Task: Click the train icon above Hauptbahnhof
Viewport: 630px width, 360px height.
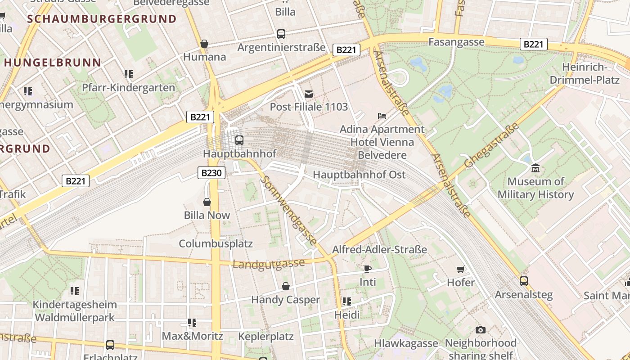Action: pyautogui.click(x=239, y=140)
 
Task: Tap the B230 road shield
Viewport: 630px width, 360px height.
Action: pyautogui.click(x=211, y=173)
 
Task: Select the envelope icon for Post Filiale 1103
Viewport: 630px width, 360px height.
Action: pyautogui.click(x=309, y=94)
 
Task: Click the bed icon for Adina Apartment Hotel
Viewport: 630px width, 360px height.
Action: pyautogui.click(x=382, y=116)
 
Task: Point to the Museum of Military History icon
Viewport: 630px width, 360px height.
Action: pyautogui.click(x=535, y=168)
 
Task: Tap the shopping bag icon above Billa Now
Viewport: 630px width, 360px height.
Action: pyautogui.click(x=207, y=202)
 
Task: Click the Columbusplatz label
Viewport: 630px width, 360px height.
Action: pyautogui.click(x=216, y=244)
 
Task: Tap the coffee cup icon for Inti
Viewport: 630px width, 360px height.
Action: pyautogui.click(x=368, y=269)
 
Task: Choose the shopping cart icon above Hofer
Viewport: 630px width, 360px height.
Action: pyautogui.click(x=461, y=269)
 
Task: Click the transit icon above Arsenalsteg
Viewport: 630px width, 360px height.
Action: pyautogui.click(x=523, y=281)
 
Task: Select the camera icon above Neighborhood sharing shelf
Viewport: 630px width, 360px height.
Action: pyautogui.click(x=481, y=330)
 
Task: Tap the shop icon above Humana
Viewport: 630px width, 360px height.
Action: pyautogui.click(x=204, y=44)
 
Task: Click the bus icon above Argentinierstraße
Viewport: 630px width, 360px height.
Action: pyautogui.click(x=281, y=34)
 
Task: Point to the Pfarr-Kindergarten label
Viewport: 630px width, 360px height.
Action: pyautogui.click(x=128, y=88)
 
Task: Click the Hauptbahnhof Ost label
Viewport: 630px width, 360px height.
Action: pyautogui.click(x=359, y=175)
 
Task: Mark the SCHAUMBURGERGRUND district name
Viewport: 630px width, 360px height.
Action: pyautogui.click(x=102, y=19)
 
